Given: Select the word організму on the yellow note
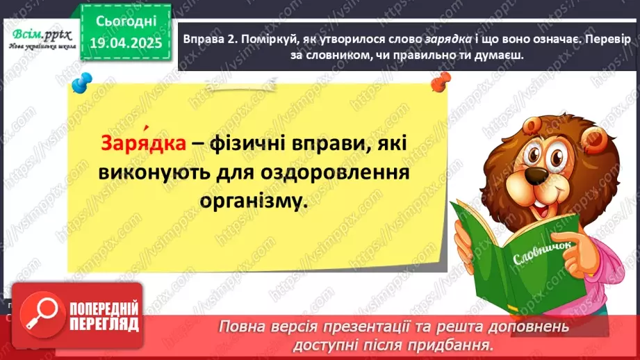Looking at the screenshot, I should (x=253, y=202).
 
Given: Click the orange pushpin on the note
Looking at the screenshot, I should (x=441, y=85).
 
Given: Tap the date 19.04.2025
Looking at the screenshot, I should (x=126, y=43).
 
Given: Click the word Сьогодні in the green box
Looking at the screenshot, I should (x=126, y=22).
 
